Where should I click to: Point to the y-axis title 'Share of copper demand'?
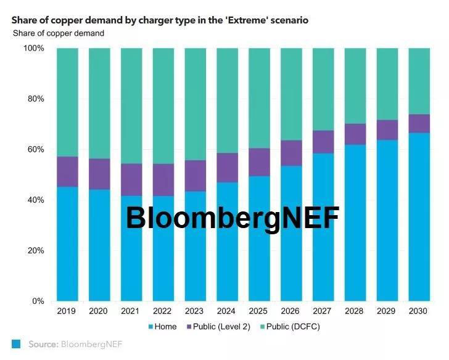[x=59, y=33]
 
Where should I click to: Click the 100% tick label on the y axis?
[x=33, y=48]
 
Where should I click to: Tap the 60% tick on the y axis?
[x=36, y=149]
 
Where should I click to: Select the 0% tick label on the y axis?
[x=38, y=301]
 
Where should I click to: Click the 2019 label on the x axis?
[x=67, y=311]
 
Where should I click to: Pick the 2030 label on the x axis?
[x=419, y=311]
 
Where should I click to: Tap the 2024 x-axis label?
[x=226, y=311]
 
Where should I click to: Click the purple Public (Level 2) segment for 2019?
[x=67, y=171]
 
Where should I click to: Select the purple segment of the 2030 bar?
[x=419, y=123]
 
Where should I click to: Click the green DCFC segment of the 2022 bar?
[x=163, y=105]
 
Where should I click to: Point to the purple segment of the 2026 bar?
[x=291, y=153]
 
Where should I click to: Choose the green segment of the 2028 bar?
[x=355, y=86]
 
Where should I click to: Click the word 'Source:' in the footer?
[x=43, y=344]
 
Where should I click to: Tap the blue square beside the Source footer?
[x=17, y=344]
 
